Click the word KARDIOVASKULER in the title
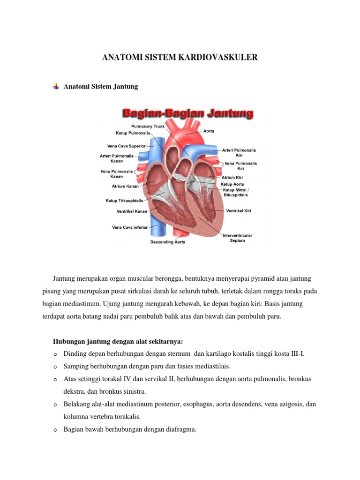coord(220,58)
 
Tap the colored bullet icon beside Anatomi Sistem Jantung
coord(56,87)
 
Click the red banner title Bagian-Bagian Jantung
coord(187,113)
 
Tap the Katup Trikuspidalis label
coord(124,200)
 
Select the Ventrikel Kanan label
coord(132,211)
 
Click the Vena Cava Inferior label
coord(130,227)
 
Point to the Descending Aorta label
coord(167,242)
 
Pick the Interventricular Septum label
coord(237,238)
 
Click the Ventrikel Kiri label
coord(239,211)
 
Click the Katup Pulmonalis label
coord(133,133)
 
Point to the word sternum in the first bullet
coord(178,353)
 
